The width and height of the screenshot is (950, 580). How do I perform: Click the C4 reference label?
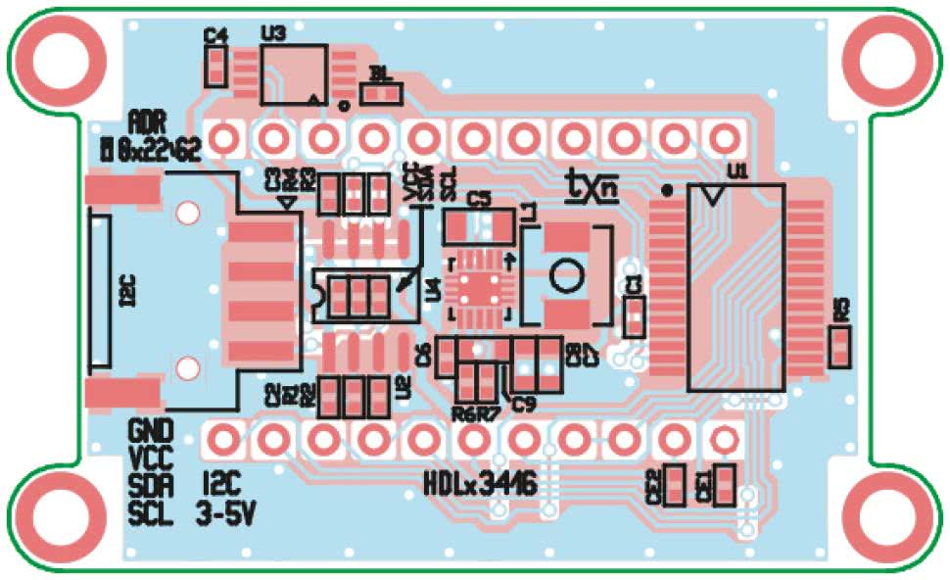(x=215, y=35)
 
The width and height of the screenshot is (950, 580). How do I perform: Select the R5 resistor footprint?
(x=839, y=347)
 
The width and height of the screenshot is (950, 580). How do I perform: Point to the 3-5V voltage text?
(x=228, y=511)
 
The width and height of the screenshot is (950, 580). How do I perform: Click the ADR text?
(x=148, y=122)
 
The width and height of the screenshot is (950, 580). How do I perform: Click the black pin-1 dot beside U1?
(x=668, y=189)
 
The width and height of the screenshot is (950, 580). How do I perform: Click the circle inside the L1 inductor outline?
(x=564, y=275)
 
